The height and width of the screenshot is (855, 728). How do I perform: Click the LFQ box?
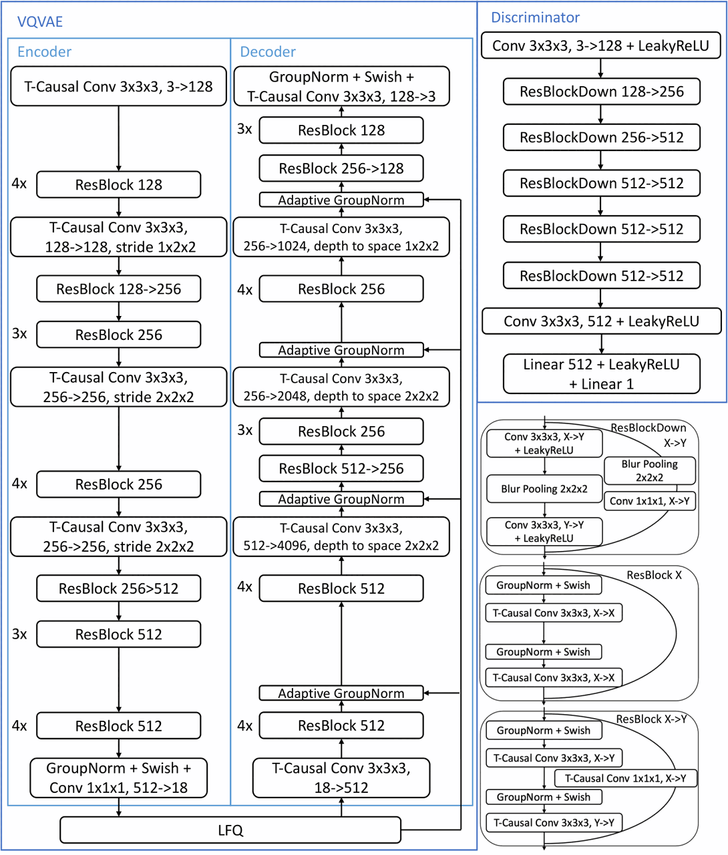tap(230, 830)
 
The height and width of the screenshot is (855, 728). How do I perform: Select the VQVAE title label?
tap(39, 21)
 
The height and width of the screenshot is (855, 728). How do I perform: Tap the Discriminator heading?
tap(535, 17)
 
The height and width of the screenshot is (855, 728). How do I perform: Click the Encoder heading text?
tap(44, 51)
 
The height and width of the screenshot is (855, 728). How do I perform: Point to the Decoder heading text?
tap(268, 51)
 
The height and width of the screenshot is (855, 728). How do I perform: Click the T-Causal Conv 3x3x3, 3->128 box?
tap(118, 86)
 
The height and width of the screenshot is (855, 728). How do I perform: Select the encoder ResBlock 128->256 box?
tap(119, 289)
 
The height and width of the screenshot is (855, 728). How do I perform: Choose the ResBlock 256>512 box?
tap(119, 588)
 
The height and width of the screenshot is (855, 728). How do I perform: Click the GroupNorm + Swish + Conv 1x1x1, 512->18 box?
tap(119, 778)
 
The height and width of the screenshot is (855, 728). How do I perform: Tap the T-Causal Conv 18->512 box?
tap(341, 778)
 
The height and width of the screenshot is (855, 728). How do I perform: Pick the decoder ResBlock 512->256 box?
tap(341, 468)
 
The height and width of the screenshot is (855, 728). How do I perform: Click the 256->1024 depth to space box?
tap(341, 237)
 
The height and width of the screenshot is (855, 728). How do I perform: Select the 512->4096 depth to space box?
tap(341, 536)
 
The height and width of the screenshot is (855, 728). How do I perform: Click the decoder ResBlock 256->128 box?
tap(341, 168)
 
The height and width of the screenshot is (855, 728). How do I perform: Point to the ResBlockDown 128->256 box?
tap(601, 92)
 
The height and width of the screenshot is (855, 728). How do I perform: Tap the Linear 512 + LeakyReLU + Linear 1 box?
tap(601, 374)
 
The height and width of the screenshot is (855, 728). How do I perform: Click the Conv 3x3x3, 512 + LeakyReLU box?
tap(601, 321)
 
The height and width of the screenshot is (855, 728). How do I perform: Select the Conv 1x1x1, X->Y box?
tap(650, 501)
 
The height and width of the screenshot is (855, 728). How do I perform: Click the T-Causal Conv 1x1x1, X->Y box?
tap(625, 778)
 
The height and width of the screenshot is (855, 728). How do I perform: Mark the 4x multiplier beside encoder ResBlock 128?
tap(19, 183)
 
